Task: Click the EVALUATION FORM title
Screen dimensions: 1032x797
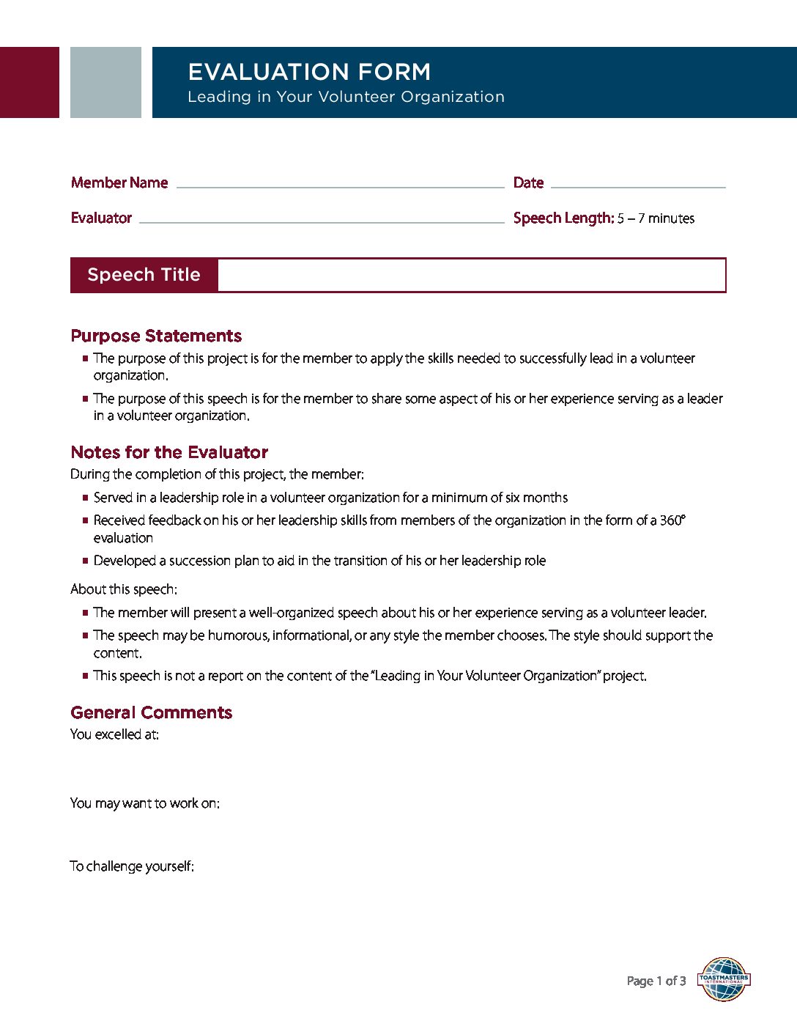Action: [309, 72]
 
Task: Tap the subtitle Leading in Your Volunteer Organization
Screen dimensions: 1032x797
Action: [346, 97]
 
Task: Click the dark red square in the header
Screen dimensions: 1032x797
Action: [29, 82]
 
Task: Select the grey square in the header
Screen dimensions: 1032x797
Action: [105, 82]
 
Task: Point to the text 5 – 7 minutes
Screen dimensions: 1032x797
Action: [656, 218]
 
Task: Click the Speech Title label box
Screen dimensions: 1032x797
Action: [144, 275]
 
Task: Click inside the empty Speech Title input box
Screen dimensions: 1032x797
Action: [471, 275]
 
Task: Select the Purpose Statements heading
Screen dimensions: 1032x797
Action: [156, 336]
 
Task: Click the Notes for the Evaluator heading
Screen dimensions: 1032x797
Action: [169, 452]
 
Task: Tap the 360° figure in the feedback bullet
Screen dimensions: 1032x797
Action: [672, 520]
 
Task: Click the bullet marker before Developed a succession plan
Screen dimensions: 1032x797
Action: [86, 561]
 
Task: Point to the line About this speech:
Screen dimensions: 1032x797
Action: [124, 589]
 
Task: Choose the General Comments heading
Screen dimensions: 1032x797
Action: [151, 712]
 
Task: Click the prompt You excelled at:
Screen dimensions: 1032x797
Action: [114, 734]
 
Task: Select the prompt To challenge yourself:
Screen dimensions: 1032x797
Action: [132, 866]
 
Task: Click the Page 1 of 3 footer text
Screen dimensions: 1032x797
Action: [656, 981]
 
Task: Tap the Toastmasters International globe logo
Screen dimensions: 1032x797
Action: [724, 979]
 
